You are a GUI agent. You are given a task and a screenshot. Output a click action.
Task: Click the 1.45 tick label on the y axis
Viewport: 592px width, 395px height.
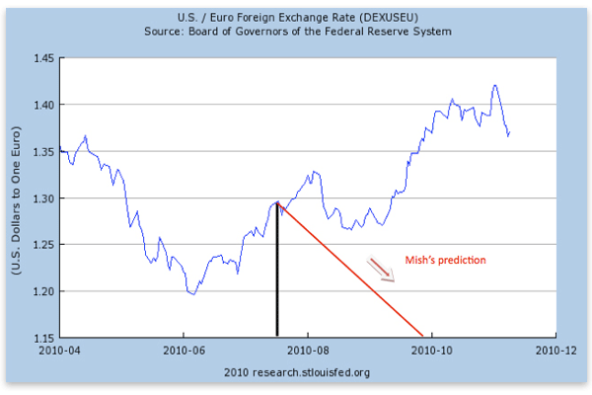42,58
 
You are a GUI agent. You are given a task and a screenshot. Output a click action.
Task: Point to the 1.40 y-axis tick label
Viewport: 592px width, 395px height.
42,105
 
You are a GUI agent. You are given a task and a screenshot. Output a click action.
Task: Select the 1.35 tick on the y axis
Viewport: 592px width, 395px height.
42,151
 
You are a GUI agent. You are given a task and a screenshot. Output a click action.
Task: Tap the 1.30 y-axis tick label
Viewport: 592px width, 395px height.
42,198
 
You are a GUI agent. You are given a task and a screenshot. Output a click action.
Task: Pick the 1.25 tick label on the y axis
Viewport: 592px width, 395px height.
42,245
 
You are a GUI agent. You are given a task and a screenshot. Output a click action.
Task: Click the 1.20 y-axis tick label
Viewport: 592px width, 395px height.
42,291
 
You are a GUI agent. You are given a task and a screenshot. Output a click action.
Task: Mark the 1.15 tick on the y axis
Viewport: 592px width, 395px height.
42,338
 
